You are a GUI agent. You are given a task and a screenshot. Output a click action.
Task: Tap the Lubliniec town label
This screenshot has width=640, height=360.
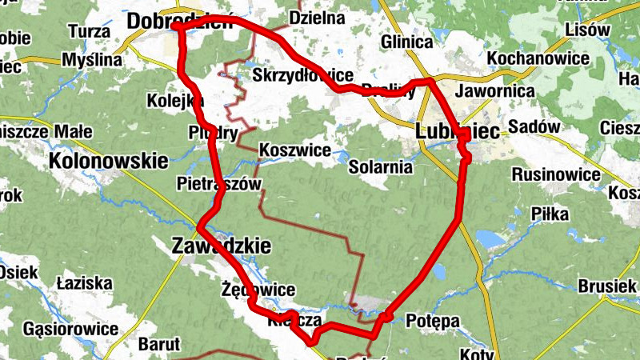click(x=458, y=130)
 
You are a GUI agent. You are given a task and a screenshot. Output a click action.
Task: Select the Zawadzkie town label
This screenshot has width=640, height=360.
click(x=222, y=246)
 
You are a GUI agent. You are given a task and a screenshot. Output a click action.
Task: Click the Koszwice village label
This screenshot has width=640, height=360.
click(x=295, y=150)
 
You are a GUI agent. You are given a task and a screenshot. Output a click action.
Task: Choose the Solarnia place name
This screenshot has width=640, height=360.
click(x=381, y=167)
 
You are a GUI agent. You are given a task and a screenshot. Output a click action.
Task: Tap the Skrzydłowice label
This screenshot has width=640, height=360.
click(x=302, y=75)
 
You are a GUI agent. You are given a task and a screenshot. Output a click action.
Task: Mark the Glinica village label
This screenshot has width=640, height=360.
click(x=407, y=42)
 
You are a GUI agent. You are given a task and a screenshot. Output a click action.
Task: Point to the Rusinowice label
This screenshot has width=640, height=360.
click(x=556, y=174)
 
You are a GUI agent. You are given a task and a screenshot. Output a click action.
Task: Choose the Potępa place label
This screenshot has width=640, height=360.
click(x=433, y=321)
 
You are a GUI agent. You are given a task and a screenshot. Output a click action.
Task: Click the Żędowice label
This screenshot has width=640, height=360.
click(x=258, y=290)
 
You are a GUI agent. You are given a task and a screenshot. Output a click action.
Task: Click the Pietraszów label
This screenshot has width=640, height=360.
click(x=218, y=185)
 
